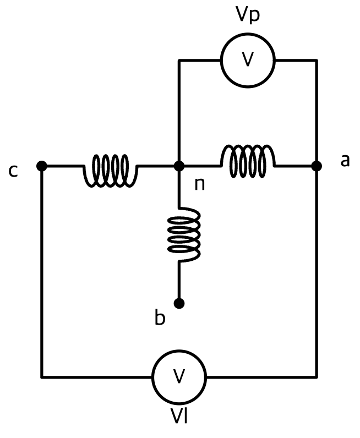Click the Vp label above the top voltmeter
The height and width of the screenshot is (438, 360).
[248, 14]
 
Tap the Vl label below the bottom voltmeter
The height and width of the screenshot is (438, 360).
[179, 416]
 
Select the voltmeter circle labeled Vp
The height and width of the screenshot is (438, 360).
[248, 60]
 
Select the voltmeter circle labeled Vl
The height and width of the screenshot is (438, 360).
[179, 377]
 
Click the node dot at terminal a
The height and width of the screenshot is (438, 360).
[317, 166]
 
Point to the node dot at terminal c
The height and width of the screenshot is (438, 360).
[42, 166]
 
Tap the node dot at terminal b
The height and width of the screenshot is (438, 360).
[179, 303]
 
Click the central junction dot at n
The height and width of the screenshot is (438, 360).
[179, 166]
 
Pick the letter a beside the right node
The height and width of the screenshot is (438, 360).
[345, 161]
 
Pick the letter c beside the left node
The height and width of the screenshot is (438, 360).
[13, 171]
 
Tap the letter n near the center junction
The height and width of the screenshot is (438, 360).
[200, 184]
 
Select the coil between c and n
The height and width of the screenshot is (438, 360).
[111, 171]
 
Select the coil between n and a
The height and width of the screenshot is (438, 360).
[248, 161]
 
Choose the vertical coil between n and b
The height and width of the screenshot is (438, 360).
[184, 234]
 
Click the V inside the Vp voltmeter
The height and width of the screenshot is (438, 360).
[248, 59]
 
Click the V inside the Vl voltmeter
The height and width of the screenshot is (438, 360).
[179, 376]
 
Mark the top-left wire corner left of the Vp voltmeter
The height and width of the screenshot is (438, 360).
[179, 60]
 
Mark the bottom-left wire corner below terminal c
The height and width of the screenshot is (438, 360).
[42, 377]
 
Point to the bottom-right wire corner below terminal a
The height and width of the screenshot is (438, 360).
[317, 377]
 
